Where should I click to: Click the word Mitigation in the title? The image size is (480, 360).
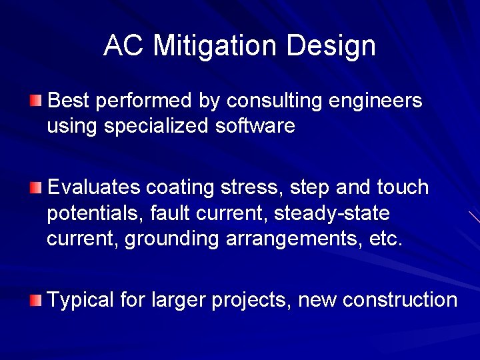tap(215, 46)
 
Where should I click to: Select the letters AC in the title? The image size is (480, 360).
tap(125, 46)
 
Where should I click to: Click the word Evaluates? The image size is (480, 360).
tap(94, 188)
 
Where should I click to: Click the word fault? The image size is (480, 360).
tap(167, 214)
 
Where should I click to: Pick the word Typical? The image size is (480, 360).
tap(81, 301)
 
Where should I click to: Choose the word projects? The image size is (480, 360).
tap(251, 301)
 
